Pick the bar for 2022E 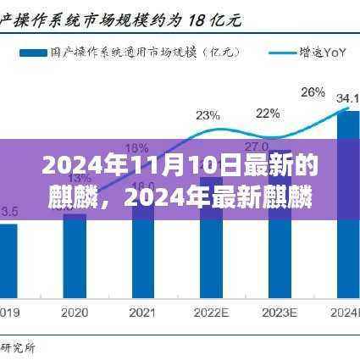click(x=208, y=246)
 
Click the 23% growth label click(x=208, y=114)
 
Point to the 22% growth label click(x=269, y=113)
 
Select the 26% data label click(x=313, y=91)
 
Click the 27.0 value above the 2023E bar click(x=269, y=147)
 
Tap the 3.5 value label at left click(x=10, y=210)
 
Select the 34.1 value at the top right click(x=347, y=98)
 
